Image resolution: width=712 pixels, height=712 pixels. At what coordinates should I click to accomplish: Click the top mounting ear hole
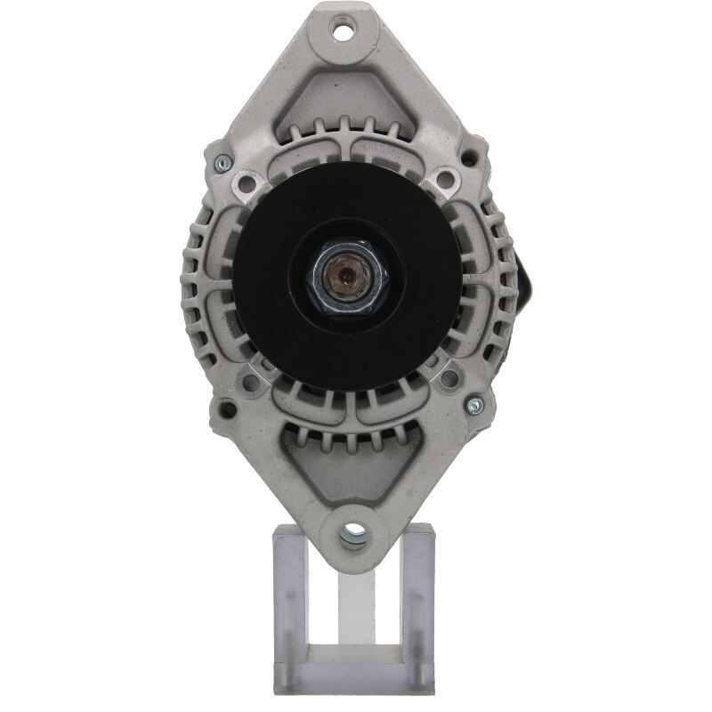342,31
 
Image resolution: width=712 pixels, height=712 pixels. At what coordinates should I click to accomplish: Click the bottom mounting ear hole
352,534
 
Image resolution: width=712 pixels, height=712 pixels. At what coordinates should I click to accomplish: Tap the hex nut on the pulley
347,276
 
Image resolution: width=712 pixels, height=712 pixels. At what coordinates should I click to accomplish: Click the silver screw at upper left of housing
222,163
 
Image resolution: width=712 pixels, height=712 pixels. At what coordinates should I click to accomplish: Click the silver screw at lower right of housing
474,405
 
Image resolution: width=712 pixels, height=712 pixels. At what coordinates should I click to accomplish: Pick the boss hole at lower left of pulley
252,381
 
